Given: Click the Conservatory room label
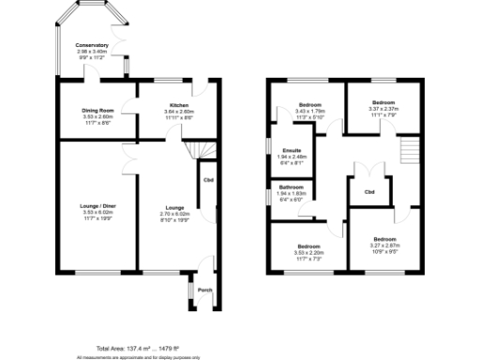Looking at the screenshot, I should tap(93, 45).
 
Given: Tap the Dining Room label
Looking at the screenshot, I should tap(98, 111).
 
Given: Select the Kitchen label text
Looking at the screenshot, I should tap(179, 105).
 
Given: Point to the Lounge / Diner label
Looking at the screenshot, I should tap(97, 205).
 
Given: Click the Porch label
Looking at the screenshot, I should tap(204, 290).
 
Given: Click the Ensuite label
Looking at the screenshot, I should tap(291, 150).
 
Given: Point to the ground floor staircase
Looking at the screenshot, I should tap(198, 150).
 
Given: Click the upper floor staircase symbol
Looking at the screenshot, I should tap(407, 150).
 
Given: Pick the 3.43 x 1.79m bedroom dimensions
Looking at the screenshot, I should tap(309, 111).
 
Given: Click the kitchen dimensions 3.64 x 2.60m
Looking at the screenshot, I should tap(179, 112).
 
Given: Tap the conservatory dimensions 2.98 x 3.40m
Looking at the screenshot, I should tap(93, 52).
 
